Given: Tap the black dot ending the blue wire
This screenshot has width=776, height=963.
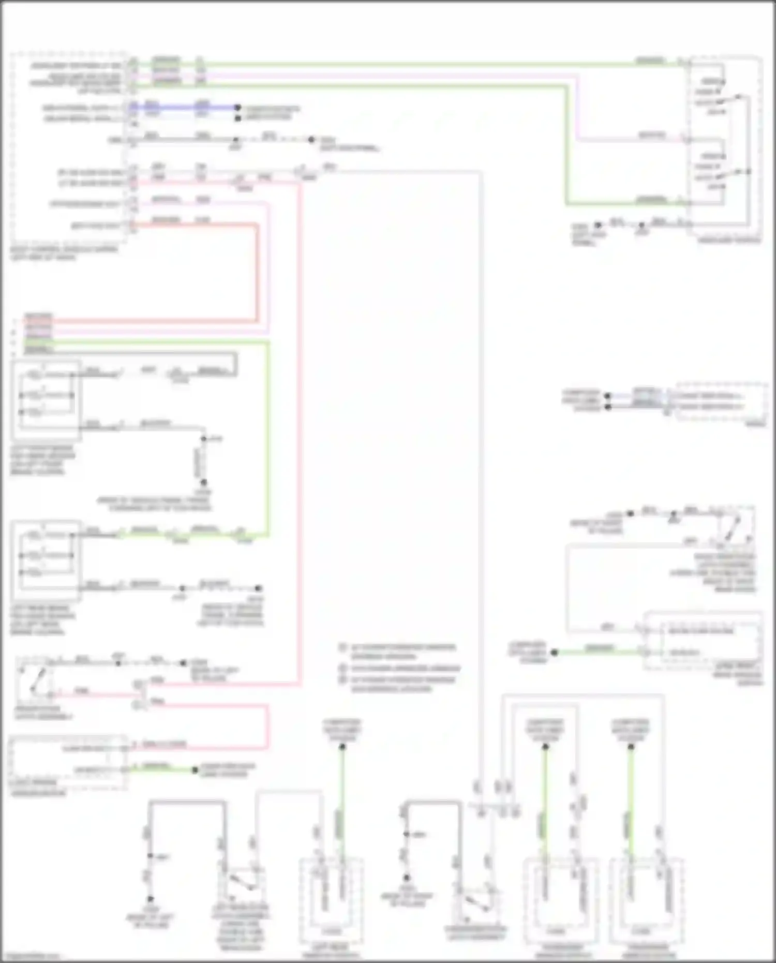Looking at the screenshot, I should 237,108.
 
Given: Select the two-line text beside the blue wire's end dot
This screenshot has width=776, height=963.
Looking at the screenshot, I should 272,113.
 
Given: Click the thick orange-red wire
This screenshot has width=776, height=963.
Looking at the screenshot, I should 257,269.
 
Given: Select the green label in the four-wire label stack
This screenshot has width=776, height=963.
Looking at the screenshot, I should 38,342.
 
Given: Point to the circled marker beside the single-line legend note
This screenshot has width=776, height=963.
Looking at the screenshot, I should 342,668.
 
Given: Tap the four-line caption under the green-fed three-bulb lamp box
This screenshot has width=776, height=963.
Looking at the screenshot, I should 42,620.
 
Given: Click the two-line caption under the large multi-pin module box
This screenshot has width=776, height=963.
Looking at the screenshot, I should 64,253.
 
